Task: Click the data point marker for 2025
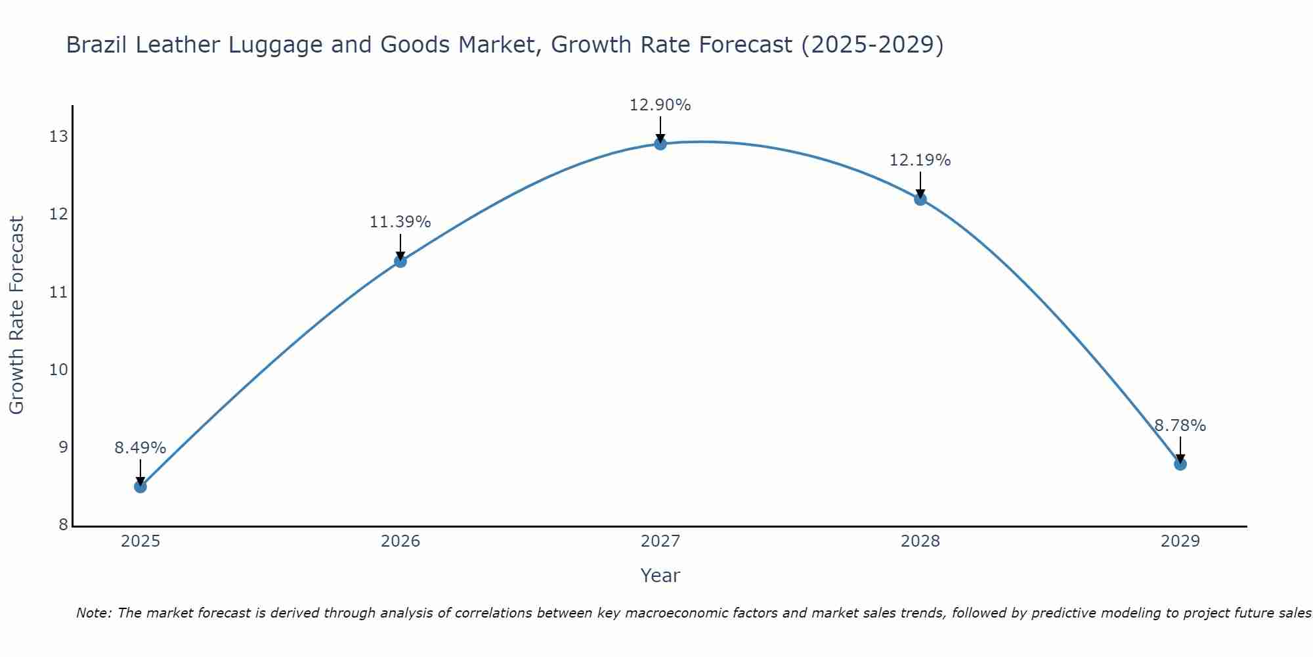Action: point(140,487)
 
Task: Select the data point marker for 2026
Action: point(400,261)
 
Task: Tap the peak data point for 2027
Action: point(660,144)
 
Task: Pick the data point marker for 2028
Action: point(920,199)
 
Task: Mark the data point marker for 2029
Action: point(1180,464)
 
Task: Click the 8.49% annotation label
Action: point(140,448)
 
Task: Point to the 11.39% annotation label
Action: point(400,222)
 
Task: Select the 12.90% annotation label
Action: point(660,105)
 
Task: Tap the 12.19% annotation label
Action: point(920,160)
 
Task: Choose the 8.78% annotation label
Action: point(1180,426)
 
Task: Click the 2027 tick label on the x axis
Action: point(660,541)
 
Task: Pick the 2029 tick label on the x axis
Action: point(1180,541)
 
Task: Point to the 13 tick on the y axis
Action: point(58,137)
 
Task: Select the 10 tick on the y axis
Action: point(58,369)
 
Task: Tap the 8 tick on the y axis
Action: point(63,524)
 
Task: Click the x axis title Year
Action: point(660,576)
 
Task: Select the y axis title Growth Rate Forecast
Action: point(17,315)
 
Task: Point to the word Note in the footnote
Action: point(94,614)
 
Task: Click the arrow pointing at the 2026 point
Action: point(400,246)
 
